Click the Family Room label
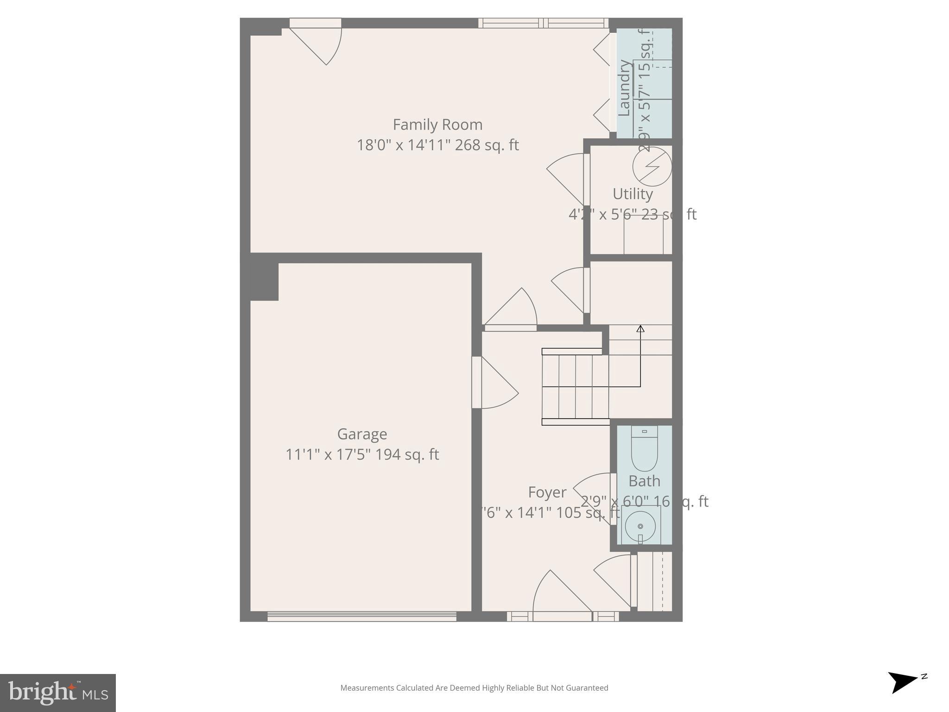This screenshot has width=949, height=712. [437, 125]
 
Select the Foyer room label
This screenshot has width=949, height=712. [547, 492]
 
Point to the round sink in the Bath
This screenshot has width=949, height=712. [640, 526]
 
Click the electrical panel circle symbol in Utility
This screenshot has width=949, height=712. [652, 166]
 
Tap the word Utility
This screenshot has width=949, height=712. [633, 194]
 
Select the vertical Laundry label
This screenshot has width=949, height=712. [624, 88]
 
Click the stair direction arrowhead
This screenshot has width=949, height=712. [640, 329]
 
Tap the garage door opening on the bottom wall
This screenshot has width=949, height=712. [361, 617]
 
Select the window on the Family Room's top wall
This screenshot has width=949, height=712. [543, 23]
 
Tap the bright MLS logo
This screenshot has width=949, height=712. [57, 693]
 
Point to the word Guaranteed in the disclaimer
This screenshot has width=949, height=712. [585, 688]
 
